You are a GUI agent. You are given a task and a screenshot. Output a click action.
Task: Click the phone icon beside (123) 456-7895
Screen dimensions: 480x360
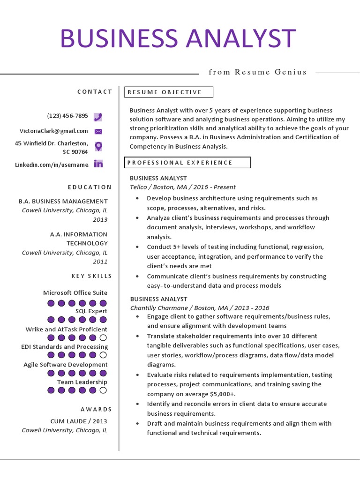(98, 117)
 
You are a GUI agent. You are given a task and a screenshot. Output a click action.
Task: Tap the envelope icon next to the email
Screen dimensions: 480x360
(98, 131)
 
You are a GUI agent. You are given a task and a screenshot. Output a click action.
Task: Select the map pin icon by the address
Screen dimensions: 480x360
(98, 146)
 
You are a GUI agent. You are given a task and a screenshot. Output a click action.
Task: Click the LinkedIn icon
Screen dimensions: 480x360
(98, 164)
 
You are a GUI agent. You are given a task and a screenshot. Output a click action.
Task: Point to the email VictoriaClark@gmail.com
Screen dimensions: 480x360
(54, 131)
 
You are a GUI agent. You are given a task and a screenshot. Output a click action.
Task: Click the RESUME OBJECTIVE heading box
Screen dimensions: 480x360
(169, 92)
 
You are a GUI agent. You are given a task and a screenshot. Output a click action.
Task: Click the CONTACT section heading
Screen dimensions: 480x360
(95, 92)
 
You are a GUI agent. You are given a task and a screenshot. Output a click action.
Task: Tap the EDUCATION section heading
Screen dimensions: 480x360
(90, 187)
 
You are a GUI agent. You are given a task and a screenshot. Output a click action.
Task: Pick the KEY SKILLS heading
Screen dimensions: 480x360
(92, 276)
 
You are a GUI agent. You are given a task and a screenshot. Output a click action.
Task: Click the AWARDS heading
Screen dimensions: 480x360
(96, 409)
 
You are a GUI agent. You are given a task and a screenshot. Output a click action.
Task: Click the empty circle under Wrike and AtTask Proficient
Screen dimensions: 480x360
(104, 337)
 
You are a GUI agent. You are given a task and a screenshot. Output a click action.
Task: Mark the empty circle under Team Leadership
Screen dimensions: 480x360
(104, 390)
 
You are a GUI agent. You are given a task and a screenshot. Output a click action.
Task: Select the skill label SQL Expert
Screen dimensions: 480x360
(91, 311)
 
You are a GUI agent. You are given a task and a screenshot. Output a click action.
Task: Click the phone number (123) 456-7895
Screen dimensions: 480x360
(67, 116)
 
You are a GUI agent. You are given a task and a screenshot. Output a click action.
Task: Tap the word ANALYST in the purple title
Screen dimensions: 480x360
(241, 38)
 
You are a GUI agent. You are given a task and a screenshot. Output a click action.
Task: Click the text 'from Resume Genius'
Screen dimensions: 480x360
(258, 72)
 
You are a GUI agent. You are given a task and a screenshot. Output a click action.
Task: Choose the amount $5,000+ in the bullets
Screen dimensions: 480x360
(224, 394)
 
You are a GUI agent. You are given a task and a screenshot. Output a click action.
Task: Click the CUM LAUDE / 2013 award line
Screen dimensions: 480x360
(79, 421)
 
